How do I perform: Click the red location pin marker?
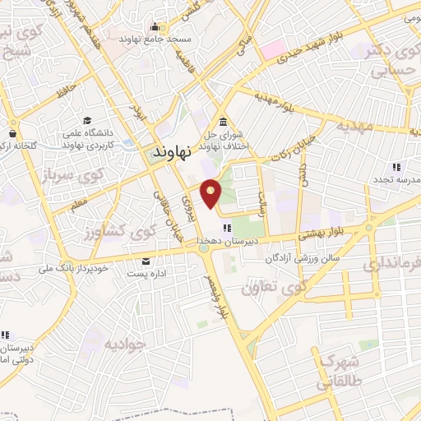tap(212, 193)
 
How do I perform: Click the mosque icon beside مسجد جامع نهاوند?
tap(155, 26)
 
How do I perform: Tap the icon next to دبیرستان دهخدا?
tap(228, 228)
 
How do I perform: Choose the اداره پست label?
tap(150, 273)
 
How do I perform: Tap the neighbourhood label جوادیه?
tap(126, 340)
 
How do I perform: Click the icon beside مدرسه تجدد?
tap(397, 167)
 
